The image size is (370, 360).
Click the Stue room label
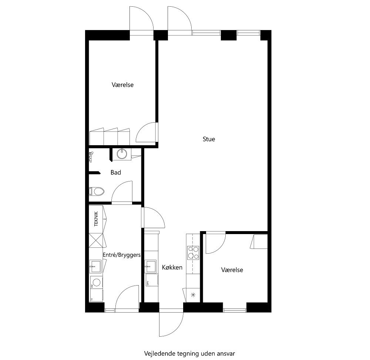209,139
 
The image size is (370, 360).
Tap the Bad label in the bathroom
116,172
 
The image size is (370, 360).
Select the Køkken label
172,267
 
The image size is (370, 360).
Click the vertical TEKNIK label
96,219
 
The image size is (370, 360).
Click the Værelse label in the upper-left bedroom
122,85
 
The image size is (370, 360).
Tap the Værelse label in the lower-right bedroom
232,270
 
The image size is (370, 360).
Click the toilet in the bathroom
97,191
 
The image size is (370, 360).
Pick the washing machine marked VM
96,283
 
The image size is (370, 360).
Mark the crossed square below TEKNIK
95,240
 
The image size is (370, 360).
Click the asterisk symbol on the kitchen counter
193,295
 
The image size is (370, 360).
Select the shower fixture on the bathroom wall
90,157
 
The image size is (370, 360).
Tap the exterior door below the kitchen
171,324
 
